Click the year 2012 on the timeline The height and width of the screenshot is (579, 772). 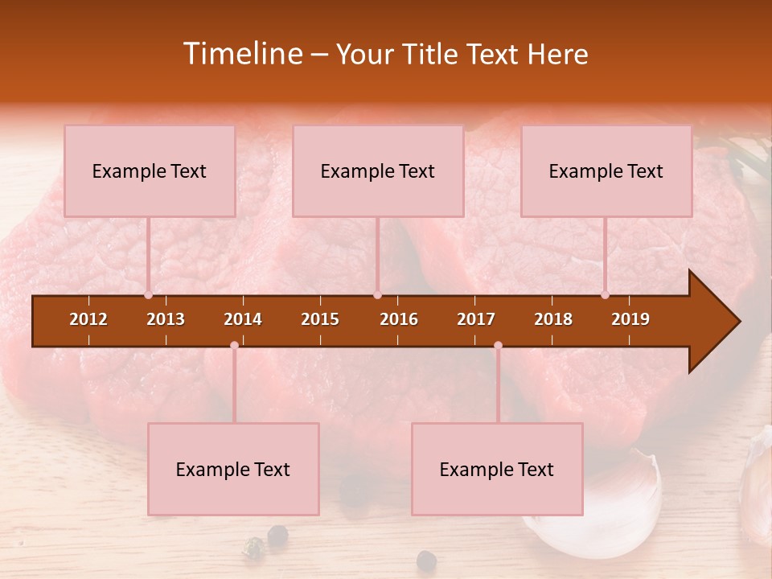[x=88, y=319]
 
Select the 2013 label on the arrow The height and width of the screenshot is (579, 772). [x=166, y=319]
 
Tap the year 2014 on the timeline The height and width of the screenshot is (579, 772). [x=243, y=319]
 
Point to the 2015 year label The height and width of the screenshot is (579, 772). [x=320, y=319]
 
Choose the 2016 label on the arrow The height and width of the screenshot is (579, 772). [x=399, y=319]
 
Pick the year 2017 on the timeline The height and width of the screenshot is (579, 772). [x=476, y=319]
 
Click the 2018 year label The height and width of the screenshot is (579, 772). [x=553, y=319]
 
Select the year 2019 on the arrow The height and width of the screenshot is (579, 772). [x=630, y=319]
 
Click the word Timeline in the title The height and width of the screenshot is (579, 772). [x=241, y=54]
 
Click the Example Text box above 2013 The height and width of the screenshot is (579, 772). [x=150, y=170]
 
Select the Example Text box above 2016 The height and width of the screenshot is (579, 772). [x=378, y=170]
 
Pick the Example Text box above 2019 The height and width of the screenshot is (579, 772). [x=606, y=170]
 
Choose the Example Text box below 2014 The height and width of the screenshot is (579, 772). [x=233, y=469]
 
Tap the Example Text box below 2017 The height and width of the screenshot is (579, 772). [x=497, y=469]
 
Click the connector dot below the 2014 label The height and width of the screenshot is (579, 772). [x=234, y=345]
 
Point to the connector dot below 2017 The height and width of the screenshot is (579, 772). [x=498, y=345]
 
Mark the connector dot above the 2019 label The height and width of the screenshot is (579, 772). [x=605, y=295]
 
